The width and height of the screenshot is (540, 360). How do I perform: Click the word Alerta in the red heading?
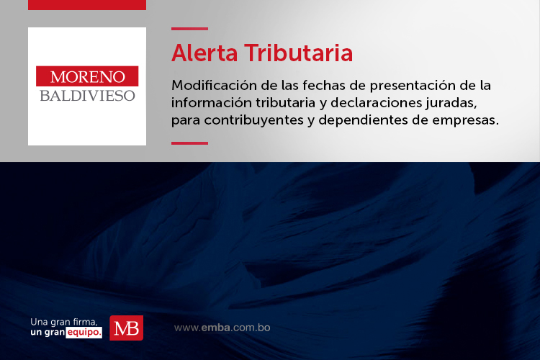click(204, 53)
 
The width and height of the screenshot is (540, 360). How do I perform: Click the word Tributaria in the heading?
click(299, 53)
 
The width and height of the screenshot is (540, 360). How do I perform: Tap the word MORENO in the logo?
click(87, 76)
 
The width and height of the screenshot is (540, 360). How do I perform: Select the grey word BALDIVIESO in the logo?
click(87, 96)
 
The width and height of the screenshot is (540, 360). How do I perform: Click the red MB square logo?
click(127, 328)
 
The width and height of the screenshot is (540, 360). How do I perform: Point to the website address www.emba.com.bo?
click(222, 328)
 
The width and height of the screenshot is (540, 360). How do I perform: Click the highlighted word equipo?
click(84, 333)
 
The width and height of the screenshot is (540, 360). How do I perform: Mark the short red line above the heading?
click(190, 29)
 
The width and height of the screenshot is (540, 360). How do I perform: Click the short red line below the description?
click(190, 143)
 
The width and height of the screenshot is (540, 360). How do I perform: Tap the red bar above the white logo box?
click(87, 5)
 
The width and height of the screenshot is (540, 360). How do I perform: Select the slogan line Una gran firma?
click(64, 322)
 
